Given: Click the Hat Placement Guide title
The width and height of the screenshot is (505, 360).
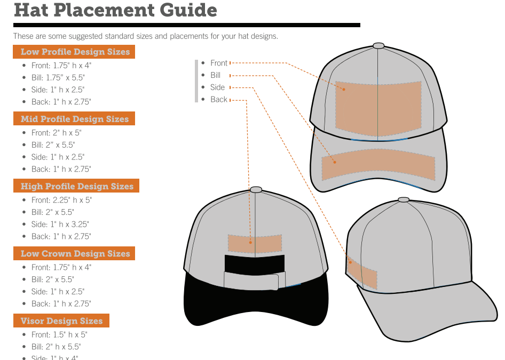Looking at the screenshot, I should (115, 10).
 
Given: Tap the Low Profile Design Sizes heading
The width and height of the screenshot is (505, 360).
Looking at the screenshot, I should (75, 52).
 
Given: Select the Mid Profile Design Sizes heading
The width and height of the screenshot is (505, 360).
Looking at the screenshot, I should (74, 119).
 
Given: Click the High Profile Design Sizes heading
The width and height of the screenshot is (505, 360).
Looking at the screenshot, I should (76, 186).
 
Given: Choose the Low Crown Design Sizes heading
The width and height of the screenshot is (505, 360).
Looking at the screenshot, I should (75, 253).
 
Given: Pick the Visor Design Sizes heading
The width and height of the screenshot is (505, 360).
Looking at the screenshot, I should (61, 321).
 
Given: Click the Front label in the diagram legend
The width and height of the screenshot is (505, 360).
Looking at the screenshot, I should (219, 63).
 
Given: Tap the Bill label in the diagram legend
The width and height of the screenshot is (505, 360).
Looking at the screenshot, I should (215, 75).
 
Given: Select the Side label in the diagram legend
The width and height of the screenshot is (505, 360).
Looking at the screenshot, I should (217, 87).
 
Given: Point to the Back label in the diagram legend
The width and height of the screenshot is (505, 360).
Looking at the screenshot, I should (219, 100).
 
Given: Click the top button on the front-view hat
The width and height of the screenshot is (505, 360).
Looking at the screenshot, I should (378, 46).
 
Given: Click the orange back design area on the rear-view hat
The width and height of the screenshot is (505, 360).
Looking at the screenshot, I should (255, 243).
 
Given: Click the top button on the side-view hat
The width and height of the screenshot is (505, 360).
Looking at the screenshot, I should (404, 200).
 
